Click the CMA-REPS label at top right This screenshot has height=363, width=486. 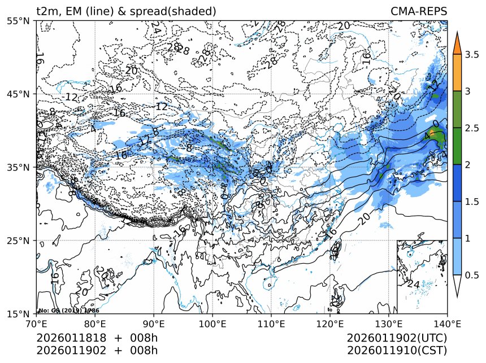click(x=419, y=11)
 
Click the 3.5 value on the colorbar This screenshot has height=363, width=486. click(x=472, y=55)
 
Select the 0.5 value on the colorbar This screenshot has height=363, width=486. click(x=472, y=275)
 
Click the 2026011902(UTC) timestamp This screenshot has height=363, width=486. click(x=397, y=338)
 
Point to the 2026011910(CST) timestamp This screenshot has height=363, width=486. click(x=398, y=350)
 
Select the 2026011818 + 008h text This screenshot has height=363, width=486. click(x=97, y=338)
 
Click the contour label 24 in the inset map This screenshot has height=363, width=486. click(x=413, y=285)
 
